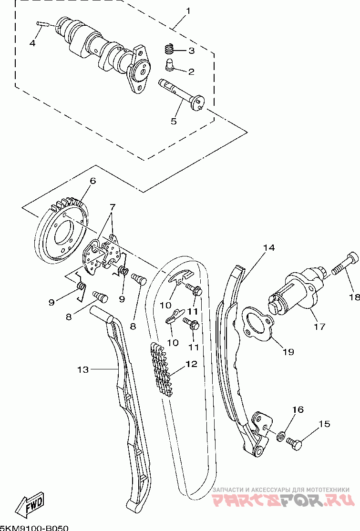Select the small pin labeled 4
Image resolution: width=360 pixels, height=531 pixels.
(x=43, y=24)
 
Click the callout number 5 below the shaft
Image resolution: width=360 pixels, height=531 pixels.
(x=174, y=121)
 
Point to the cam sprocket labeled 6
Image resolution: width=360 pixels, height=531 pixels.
(x=63, y=234)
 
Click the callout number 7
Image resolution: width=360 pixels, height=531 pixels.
(x=112, y=206)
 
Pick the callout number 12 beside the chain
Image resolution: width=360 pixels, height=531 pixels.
(x=191, y=364)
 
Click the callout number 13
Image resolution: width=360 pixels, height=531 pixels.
(x=83, y=369)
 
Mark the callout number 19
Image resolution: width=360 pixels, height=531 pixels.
(x=288, y=352)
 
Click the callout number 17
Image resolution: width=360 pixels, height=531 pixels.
(x=319, y=327)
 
